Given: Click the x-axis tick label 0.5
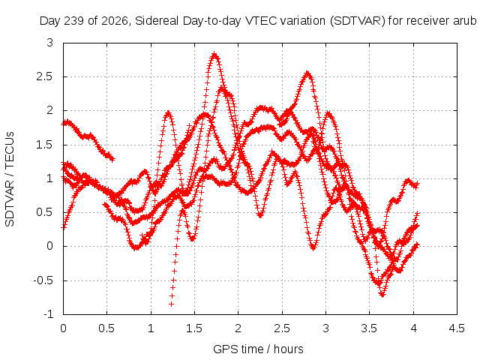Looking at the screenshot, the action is (x=106, y=328).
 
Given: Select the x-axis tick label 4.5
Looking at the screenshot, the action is (x=457, y=328).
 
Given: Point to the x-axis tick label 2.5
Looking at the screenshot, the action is (x=282, y=328).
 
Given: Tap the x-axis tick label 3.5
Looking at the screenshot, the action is (x=369, y=328).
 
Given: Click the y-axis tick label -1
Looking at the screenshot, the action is (x=48, y=314).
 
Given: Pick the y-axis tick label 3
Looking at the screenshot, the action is (x=50, y=43).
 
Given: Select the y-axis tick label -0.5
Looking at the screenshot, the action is (x=43, y=280).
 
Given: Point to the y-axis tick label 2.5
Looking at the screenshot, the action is (x=45, y=76).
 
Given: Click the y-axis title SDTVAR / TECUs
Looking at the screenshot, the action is (x=10, y=179).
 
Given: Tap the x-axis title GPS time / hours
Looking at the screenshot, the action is (x=258, y=349).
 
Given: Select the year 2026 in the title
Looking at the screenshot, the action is (x=115, y=21).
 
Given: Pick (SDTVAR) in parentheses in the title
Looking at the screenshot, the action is (x=358, y=21).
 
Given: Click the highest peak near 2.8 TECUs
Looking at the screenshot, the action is (x=214, y=55).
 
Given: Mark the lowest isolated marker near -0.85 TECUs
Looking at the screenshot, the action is (x=172, y=304).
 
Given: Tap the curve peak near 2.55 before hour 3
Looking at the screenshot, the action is (x=307, y=73).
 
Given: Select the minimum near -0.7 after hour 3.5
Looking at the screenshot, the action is (x=382, y=295).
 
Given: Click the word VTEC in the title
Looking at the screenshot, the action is (x=261, y=21).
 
